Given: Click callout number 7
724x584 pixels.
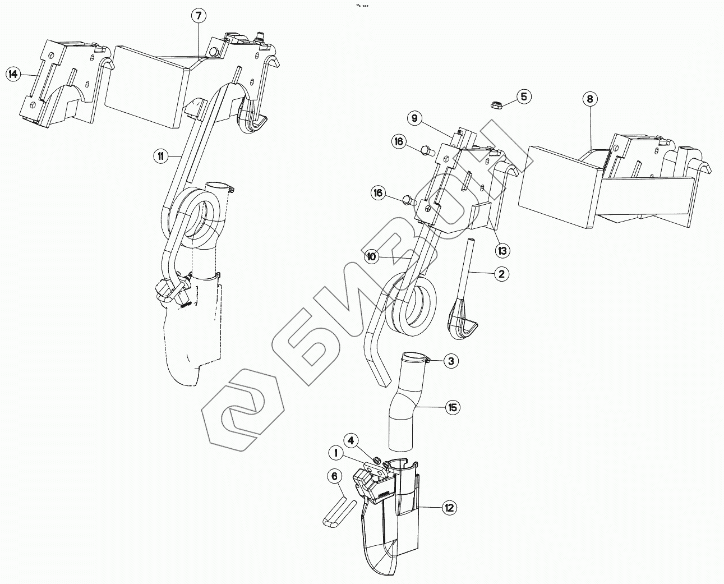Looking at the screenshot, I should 197,16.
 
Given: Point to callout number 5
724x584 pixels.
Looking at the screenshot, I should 523,96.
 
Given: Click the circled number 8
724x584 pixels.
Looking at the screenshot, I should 589,99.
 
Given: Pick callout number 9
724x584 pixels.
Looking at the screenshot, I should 414,118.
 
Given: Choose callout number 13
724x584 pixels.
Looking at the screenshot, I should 502,250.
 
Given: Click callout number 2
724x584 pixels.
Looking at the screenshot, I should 501,274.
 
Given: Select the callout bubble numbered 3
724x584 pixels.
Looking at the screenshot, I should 451,361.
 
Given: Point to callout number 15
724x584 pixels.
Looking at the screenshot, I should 452,407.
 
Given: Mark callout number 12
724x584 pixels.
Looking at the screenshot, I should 449,508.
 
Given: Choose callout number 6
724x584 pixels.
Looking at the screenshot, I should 335,477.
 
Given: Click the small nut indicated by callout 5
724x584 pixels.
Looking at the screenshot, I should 496,104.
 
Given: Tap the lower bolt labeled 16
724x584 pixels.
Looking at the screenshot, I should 409,199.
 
